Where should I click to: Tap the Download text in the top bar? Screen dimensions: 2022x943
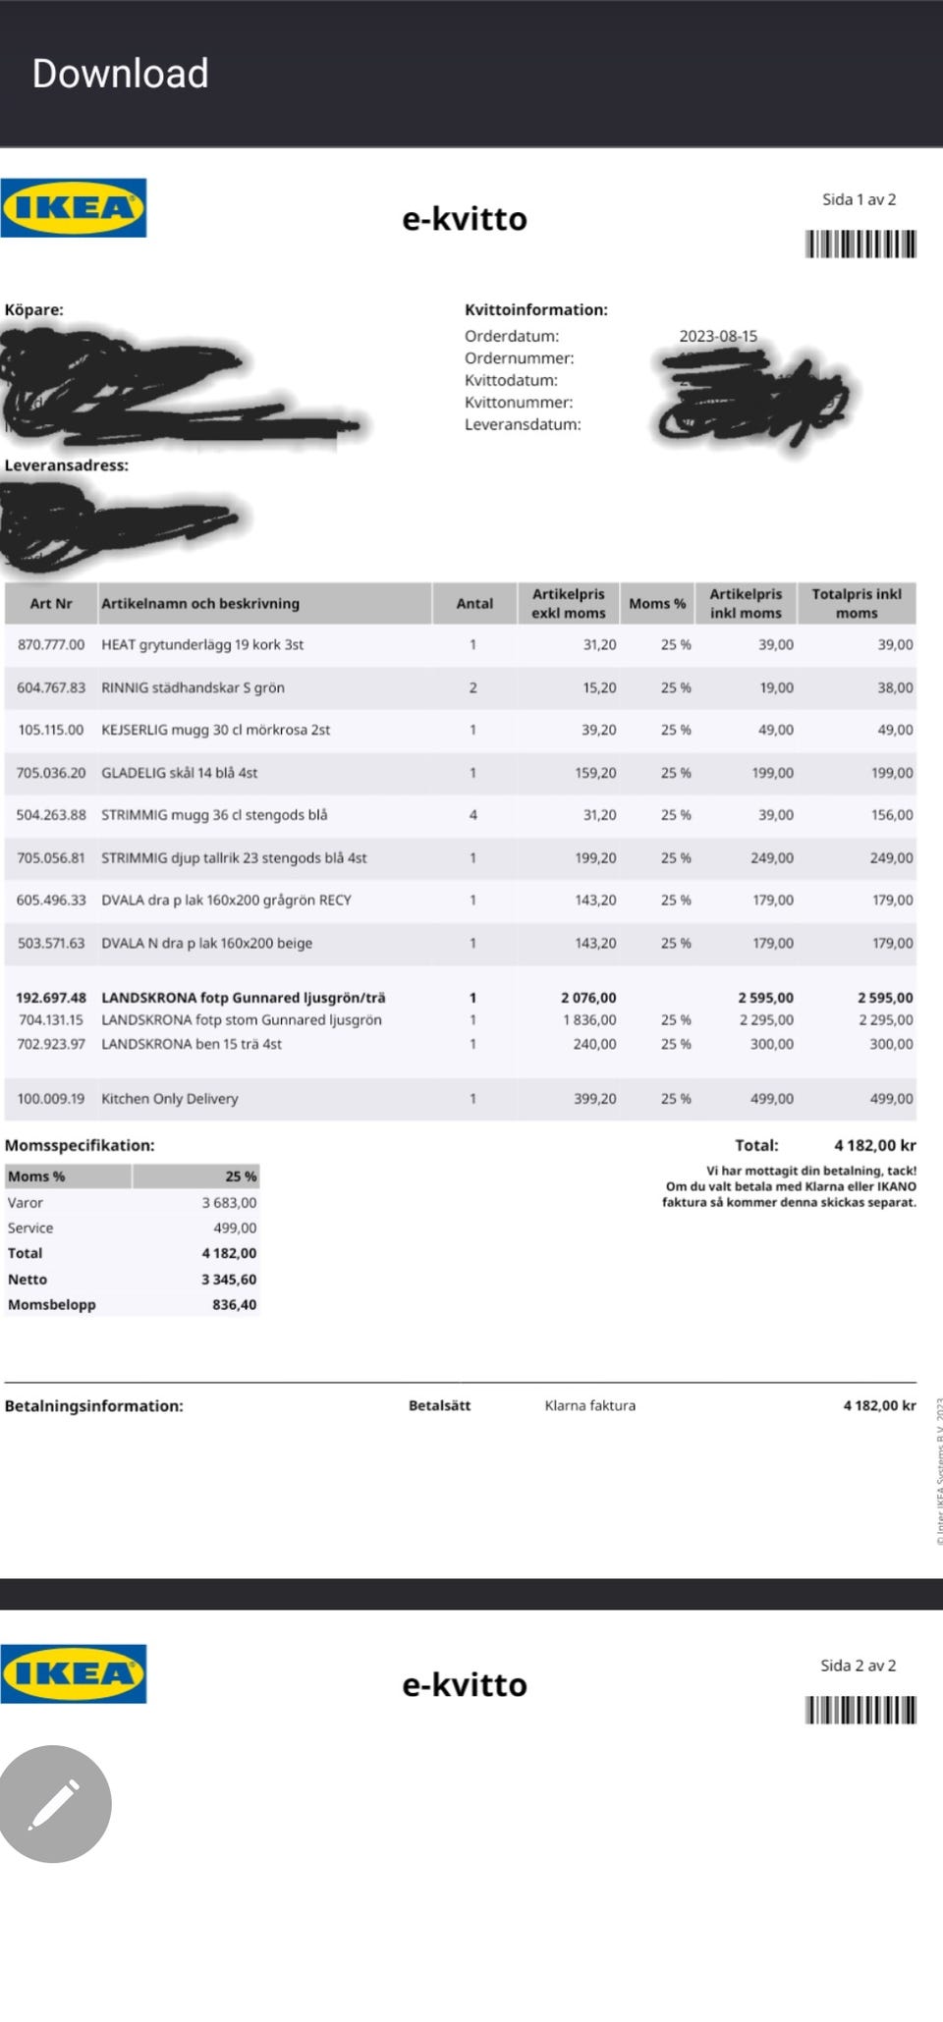pyautogui.click(x=120, y=74)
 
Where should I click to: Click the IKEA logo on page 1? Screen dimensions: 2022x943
pyautogui.click(x=74, y=208)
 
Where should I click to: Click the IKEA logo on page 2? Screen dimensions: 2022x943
pyautogui.click(x=74, y=1673)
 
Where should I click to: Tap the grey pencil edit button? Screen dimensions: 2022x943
pyautogui.click(x=55, y=1803)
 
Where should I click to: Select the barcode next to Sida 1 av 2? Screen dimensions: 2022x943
pyautogui.click(x=860, y=244)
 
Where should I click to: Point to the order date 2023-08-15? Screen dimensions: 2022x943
pyautogui.click(x=718, y=336)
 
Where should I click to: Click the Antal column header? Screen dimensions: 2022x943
pyautogui.click(x=474, y=603)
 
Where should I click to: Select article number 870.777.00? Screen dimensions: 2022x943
pyautogui.click(x=51, y=644)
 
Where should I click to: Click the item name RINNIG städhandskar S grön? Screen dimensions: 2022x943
pyautogui.click(x=193, y=687)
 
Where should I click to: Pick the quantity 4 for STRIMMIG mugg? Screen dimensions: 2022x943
pyautogui.click(x=472, y=815)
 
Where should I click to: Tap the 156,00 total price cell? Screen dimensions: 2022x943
pyautogui.click(x=892, y=815)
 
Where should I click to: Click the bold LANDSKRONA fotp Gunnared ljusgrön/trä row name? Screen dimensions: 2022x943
pyautogui.click(x=243, y=997)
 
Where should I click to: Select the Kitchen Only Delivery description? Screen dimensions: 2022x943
pyautogui.click(x=169, y=1098)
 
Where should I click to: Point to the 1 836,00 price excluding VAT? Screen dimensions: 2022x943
pyautogui.click(x=589, y=1019)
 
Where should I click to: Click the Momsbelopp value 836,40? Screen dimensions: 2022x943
pyautogui.click(x=234, y=1304)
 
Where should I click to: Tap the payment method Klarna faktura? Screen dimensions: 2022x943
pyautogui.click(x=589, y=1405)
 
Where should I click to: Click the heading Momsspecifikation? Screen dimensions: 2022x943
pyautogui.click(x=80, y=1145)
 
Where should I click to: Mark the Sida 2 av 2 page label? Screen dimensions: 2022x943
pyautogui.click(x=858, y=1665)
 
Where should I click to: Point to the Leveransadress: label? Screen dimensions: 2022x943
pyautogui.click(x=67, y=465)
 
